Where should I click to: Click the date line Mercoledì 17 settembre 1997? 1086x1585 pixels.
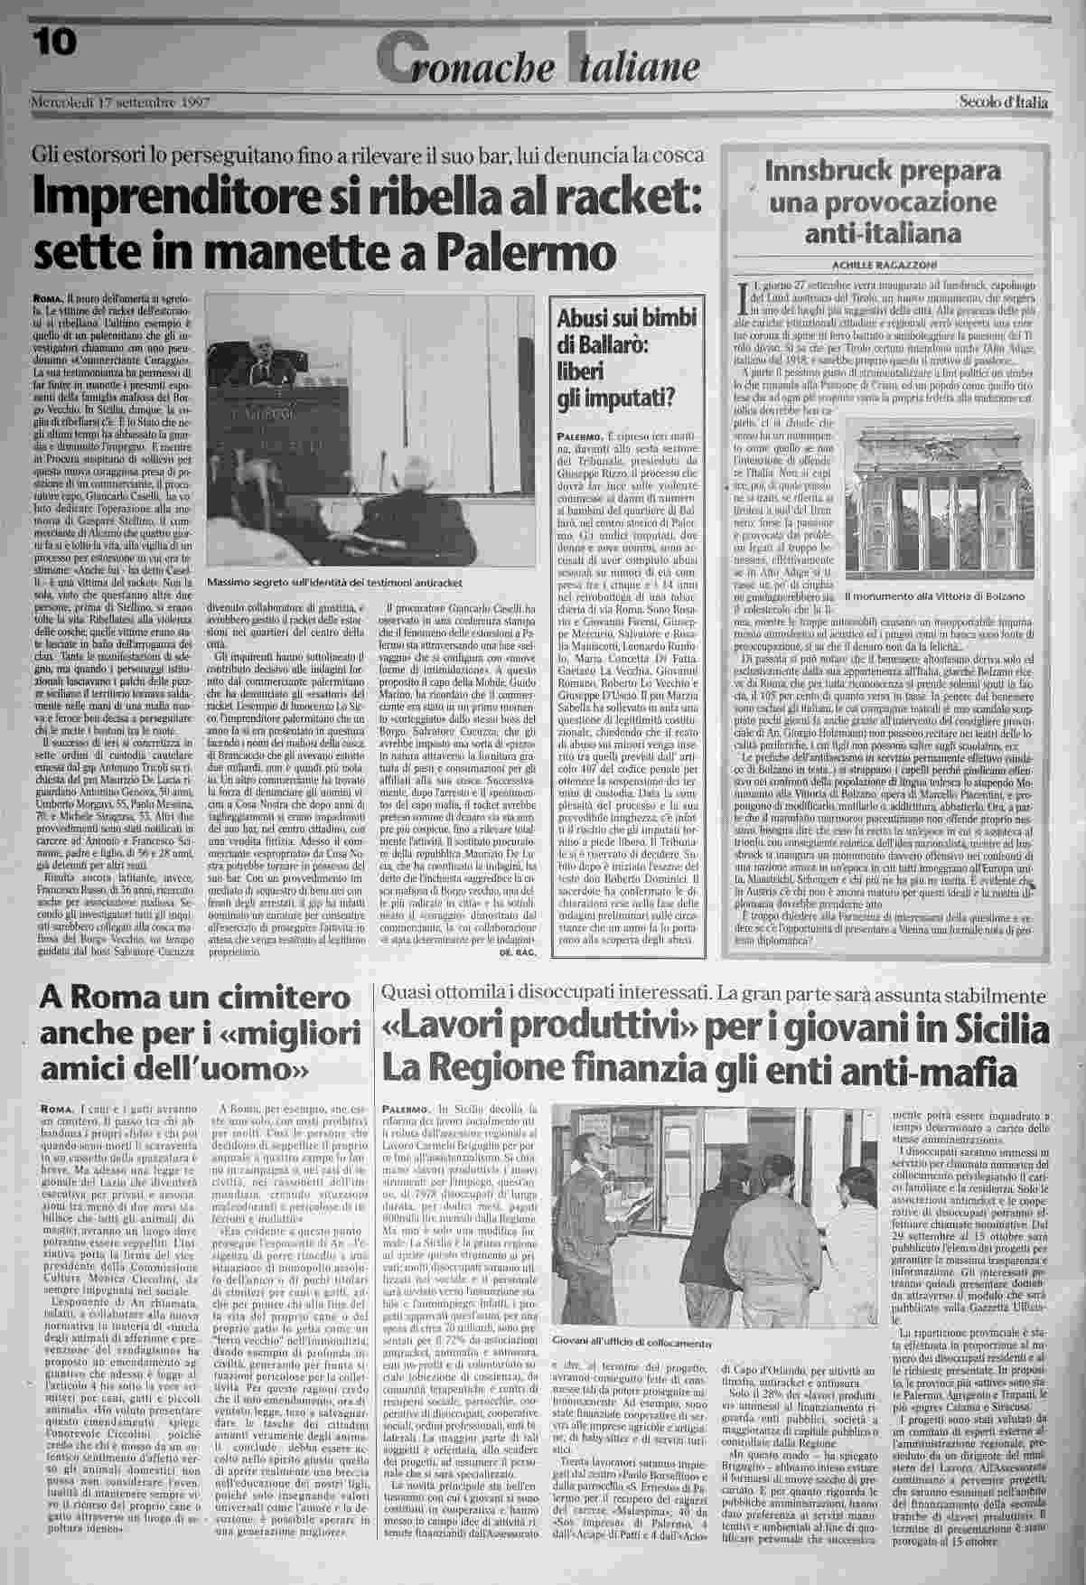120,102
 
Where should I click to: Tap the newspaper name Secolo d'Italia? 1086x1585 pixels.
1003,102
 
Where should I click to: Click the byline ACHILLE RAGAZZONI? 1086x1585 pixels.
883,264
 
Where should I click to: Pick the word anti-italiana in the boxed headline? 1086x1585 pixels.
882,233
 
